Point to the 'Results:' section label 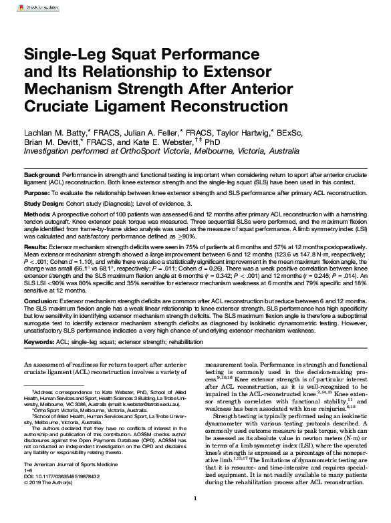(37, 246)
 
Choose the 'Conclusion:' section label (42, 301)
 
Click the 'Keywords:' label (40, 342)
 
